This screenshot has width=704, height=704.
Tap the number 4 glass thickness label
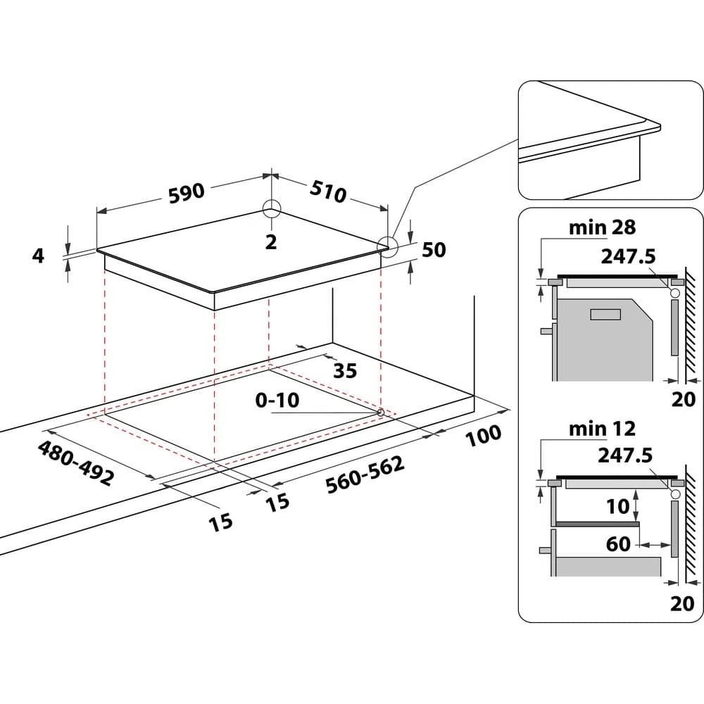pyautogui.click(x=38, y=256)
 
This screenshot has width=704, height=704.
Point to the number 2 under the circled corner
pyautogui.click(x=271, y=241)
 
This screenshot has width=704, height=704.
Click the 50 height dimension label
pyautogui.click(x=434, y=249)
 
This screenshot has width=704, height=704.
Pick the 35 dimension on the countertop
pyautogui.click(x=345, y=370)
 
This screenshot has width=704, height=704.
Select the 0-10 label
pyautogui.click(x=277, y=401)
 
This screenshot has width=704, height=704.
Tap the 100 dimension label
pyautogui.click(x=483, y=435)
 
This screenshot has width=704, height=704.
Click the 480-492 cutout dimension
pyautogui.click(x=75, y=463)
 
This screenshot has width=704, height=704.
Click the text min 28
pyautogui.click(x=602, y=227)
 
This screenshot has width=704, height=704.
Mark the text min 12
pyautogui.click(x=602, y=427)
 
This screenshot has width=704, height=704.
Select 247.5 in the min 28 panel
pyautogui.click(x=627, y=256)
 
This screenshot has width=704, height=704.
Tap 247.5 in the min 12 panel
pyautogui.click(x=625, y=455)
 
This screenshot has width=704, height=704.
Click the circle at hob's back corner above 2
pyautogui.click(x=272, y=208)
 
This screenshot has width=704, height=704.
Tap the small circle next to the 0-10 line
pyautogui.click(x=381, y=412)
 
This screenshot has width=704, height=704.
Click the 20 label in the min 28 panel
pyautogui.click(x=682, y=399)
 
